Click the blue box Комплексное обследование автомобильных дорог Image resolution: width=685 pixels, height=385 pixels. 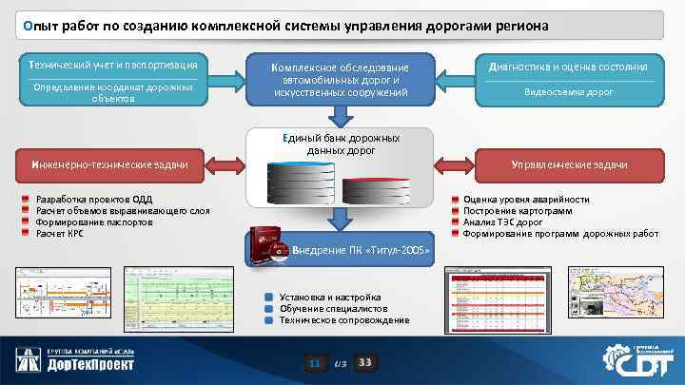[x=341, y=80]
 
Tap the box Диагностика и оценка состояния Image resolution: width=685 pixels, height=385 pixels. [x=567, y=67]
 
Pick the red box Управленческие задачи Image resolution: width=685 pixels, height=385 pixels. [x=570, y=165]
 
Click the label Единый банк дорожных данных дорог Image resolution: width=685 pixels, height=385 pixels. [x=340, y=144]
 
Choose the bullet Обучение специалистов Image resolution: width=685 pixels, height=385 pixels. [x=333, y=309]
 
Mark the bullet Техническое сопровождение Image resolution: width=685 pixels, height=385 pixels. [x=343, y=320]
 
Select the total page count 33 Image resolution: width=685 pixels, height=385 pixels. [x=365, y=362]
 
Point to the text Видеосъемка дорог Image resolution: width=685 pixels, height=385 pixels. [x=569, y=92]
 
